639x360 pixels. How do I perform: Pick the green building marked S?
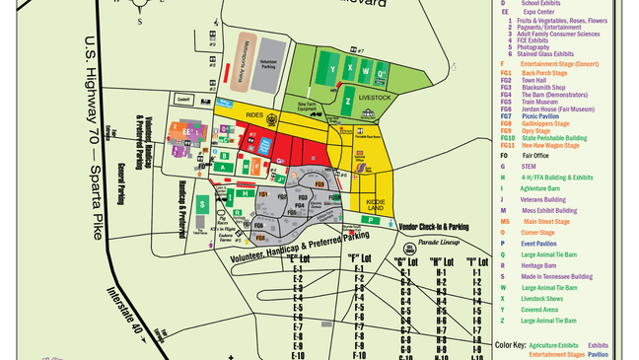point(202,204)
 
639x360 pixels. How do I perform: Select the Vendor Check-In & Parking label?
point(433,226)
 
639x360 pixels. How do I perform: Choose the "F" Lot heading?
point(358,258)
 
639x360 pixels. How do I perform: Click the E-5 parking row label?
point(297,308)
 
